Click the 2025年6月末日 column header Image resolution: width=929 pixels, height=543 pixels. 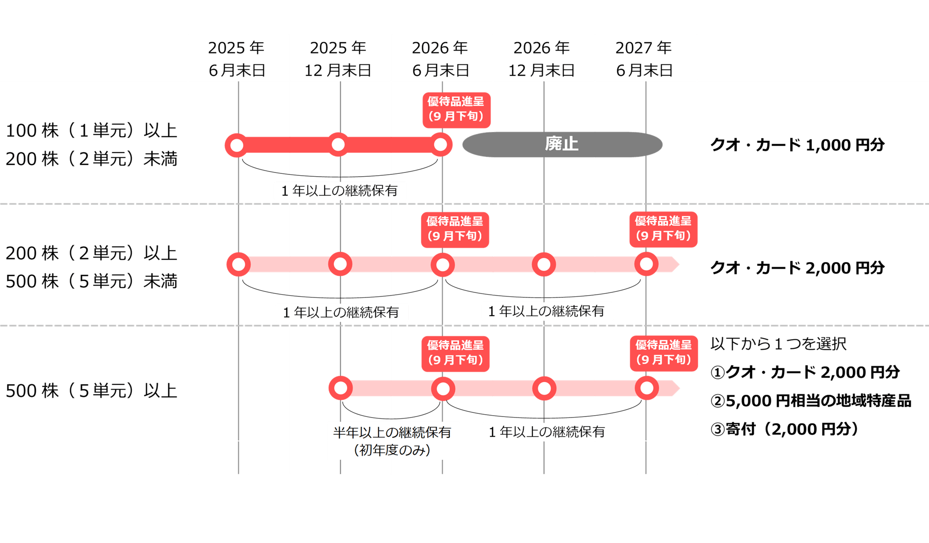click(236, 59)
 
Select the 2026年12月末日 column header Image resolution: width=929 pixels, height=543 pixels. click(542, 59)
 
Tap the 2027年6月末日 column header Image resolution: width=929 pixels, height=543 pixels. click(644, 59)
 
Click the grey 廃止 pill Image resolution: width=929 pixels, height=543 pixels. click(562, 144)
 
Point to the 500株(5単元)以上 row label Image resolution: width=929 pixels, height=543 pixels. click(92, 391)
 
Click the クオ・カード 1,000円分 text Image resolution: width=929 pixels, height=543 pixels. click(797, 145)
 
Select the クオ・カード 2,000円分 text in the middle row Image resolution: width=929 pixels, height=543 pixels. click(797, 268)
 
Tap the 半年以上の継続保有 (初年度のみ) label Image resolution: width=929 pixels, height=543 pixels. click(393, 441)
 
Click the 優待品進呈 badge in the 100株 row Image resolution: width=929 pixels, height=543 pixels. click(456, 109)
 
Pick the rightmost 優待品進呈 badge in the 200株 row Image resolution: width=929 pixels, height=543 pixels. click(663, 229)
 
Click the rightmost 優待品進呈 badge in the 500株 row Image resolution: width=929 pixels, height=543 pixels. click(664, 353)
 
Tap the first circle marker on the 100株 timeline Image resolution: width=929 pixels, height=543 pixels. click(237, 145)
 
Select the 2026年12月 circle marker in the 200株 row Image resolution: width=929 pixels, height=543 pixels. click(544, 265)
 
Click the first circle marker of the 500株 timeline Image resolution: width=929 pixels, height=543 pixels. click(340, 388)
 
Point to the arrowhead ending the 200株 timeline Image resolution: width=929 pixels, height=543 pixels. click(674, 265)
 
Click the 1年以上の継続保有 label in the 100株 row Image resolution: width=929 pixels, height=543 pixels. click(340, 191)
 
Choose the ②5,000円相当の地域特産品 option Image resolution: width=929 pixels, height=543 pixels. click(811, 401)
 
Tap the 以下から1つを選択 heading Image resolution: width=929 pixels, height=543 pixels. click(779, 344)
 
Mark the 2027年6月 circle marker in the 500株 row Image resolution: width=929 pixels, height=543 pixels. click(647, 388)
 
